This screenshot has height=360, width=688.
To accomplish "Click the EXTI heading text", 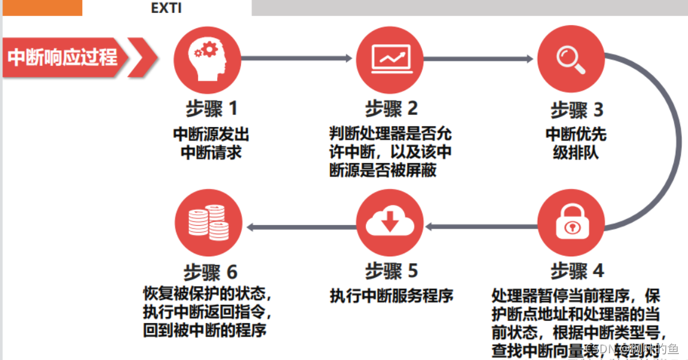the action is click(166, 9).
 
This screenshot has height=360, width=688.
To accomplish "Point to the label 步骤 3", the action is click(576, 110).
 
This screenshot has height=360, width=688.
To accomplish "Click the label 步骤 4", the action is click(576, 270).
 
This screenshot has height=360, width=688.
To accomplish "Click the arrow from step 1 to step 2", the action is click(297, 58).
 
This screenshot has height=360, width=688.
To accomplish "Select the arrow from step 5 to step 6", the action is click(300, 226).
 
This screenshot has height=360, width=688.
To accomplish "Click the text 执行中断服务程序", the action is click(391, 296).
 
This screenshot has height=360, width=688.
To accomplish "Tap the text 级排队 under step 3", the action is click(576, 151).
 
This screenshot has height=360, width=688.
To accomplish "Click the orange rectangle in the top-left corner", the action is click(41, 7).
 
